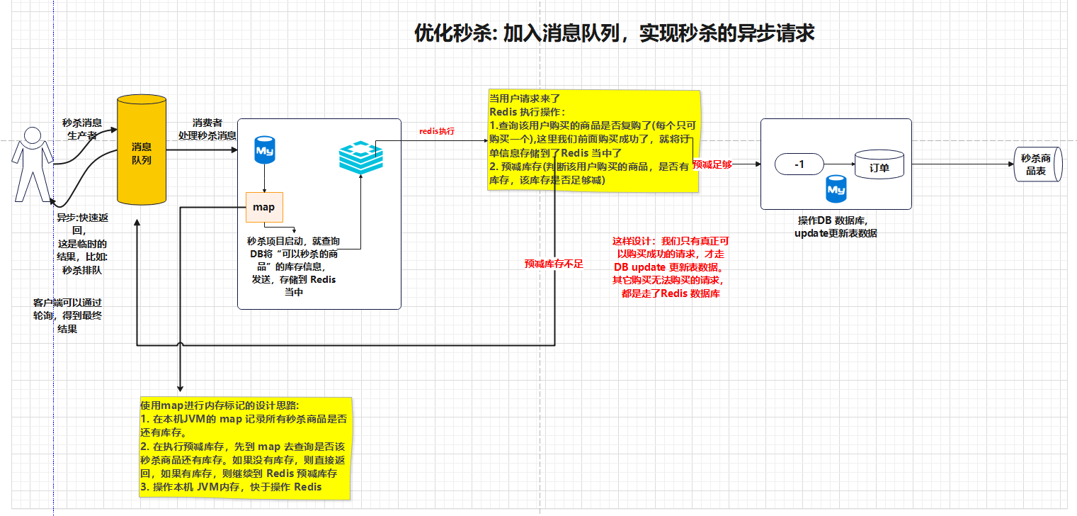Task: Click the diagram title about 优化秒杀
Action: coord(614,33)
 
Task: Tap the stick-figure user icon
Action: coord(31,164)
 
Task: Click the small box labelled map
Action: coord(264,207)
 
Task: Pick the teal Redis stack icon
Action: coord(360,157)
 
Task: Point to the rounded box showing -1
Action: coord(799,164)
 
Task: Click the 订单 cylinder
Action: coord(879,166)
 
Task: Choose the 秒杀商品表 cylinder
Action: coord(1036,166)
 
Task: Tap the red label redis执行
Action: coord(437,132)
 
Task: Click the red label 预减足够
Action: coord(712,164)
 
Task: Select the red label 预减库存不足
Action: coord(554,264)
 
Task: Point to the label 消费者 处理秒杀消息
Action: coord(207,129)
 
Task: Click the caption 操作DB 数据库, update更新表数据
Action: coord(836,227)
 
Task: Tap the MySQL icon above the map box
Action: coord(265,150)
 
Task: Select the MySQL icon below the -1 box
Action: coord(836,190)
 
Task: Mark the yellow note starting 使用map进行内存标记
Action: coord(245,447)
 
